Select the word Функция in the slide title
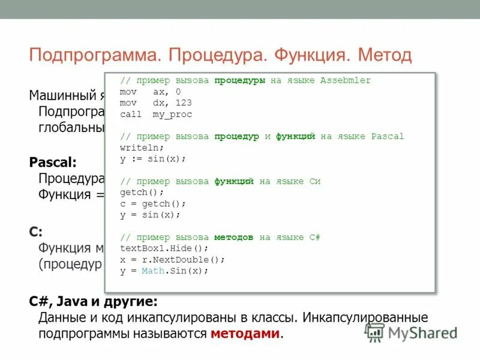point(311,56)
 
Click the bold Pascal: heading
point(53,162)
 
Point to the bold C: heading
point(36,232)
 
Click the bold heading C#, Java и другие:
point(94,301)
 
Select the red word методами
point(245,334)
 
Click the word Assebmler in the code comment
point(346,80)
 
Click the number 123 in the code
point(184,103)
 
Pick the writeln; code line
point(142,148)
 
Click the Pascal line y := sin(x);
point(153,159)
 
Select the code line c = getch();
point(153,203)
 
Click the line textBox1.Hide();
point(164,248)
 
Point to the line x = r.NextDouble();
point(172,259)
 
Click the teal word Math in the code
point(152,271)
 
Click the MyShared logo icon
point(375,332)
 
